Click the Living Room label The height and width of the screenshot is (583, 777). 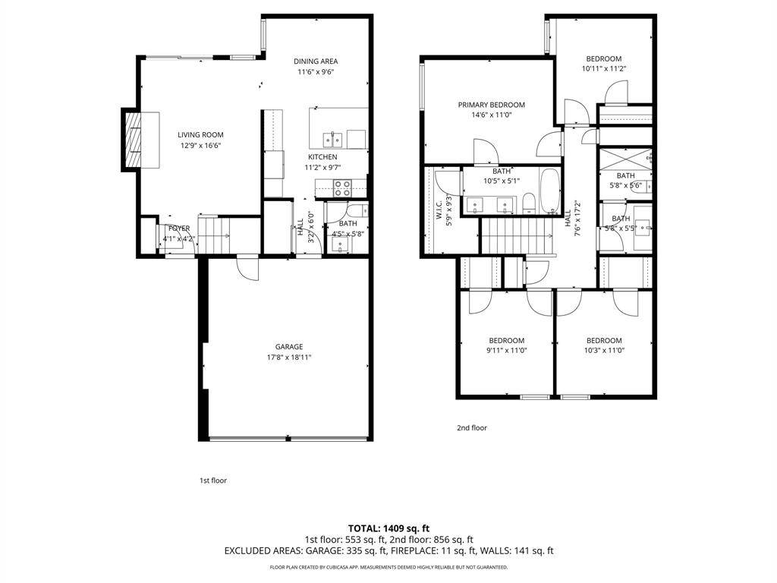click(x=201, y=135)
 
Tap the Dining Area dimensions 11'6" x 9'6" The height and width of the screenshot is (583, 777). click(x=316, y=72)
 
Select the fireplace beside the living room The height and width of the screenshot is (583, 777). click(x=134, y=140)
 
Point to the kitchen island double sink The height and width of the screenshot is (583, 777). click(x=333, y=139)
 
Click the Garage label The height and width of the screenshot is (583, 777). click(x=289, y=346)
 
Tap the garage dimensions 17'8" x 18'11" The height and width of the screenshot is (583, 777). click(x=289, y=357)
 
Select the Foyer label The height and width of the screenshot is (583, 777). click(x=179, y=228)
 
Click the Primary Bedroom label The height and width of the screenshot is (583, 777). click(x=491, y=105)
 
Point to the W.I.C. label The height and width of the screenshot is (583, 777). click(x=439, y=210)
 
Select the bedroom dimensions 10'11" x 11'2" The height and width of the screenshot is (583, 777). click(x=603, y=69)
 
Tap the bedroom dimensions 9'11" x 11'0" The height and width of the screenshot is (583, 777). click(x=506, y=351)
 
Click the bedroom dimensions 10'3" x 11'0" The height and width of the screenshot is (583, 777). click(x=603, y=351)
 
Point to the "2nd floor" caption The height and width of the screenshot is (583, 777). click(x=471, y=428)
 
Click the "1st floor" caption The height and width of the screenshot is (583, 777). click(x=213, y=481)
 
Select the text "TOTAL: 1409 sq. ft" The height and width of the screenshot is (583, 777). click(x=388, y=528)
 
